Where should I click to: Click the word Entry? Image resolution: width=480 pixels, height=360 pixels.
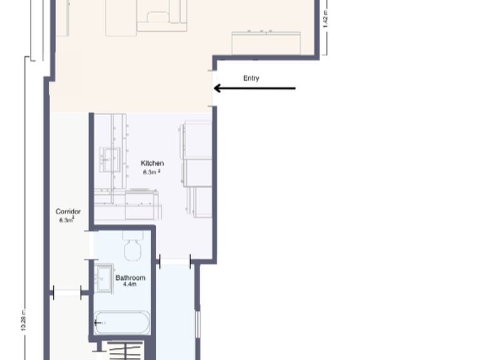(x=251, y=78)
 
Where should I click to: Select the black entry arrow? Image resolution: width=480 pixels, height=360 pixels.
(x=254, y=89)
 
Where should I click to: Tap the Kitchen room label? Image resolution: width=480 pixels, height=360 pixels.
(x=152, y=163)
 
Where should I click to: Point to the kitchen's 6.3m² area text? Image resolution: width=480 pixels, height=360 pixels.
(x=152, y=171)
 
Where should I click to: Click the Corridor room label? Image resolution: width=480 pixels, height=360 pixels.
(x=67, y=212)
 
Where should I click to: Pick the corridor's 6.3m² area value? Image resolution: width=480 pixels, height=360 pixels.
(x=67, y=220)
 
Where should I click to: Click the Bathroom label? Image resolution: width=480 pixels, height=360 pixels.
(x=130, y=277)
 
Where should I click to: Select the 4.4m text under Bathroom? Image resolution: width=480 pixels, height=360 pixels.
(x=130, y=285)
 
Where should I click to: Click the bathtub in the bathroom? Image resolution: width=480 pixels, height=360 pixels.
(x=122, y=322)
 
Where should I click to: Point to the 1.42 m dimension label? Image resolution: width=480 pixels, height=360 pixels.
(x=326, y=19)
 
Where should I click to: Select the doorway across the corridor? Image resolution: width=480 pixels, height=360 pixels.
(x=67, y=291)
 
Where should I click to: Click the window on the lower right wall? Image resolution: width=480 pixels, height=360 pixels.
(x=198, y=325)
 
